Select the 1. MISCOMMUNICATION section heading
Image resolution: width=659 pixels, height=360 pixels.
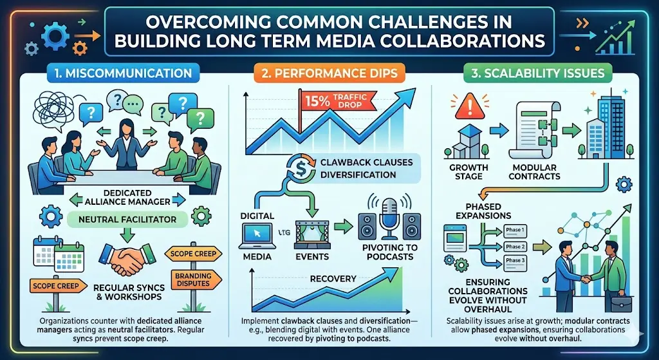[x=122, y=72]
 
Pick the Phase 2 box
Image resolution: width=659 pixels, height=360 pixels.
[x=515, y=247]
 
